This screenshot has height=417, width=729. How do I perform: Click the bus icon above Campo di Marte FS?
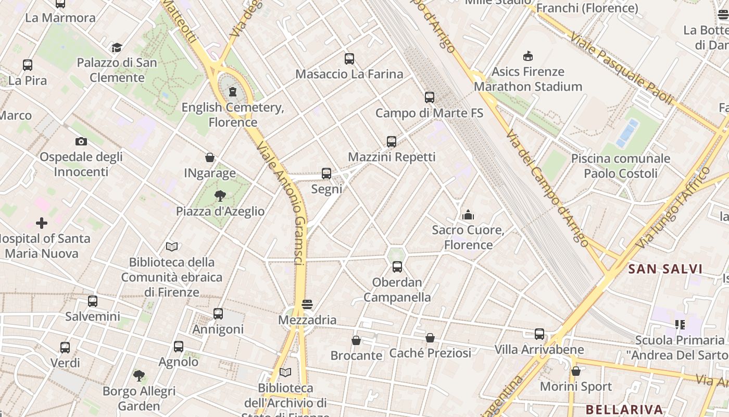click(x=429, y=97)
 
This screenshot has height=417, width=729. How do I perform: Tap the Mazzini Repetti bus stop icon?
click(x=392, y=141)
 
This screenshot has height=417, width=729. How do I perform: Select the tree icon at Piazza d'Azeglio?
click(x=220, y=196)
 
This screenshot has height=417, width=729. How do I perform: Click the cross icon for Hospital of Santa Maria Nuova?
click(x=42, y=224)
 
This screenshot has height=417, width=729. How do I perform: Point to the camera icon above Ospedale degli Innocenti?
click(x=81, y=141)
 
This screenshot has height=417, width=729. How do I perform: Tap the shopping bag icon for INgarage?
click(x=210, y=157)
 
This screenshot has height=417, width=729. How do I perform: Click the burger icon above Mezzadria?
click(x=307, y=304)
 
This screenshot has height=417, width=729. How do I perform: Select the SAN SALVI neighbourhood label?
click(x=665, y=269)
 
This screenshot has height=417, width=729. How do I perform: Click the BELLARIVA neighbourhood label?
click(x=624, y=409)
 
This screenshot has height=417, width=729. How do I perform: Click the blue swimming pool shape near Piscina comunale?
click(x=627, y=133)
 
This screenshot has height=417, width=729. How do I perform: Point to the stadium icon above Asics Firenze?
click(x=528, y=56)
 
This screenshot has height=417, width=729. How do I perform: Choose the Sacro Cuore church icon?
click(x=468, y=215)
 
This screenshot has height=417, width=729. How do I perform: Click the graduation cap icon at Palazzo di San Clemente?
click(x=117, y=48)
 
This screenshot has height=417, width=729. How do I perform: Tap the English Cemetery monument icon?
click(x=233, y=92)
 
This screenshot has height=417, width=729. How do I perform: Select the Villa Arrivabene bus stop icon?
click(x=539, y=334)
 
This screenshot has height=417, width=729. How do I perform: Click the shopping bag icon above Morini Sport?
click(x=575, y=371)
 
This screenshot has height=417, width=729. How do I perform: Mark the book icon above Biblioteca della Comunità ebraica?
click(x=172, y=247)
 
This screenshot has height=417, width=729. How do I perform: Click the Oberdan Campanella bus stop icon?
click(x=397, y=267)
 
